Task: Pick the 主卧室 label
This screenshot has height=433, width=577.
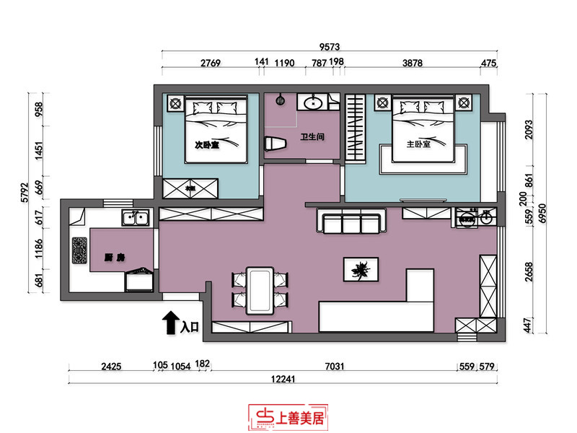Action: (418, 144)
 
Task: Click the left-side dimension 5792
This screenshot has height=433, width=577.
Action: (23, 191)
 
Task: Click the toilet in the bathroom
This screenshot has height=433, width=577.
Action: (276, 142)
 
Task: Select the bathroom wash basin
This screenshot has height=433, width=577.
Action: (314, 102)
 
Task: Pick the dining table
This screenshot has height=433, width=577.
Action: (260, 290)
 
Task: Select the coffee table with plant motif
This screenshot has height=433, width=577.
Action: (359, 269)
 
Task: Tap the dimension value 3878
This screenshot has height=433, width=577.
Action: (412, 64)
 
